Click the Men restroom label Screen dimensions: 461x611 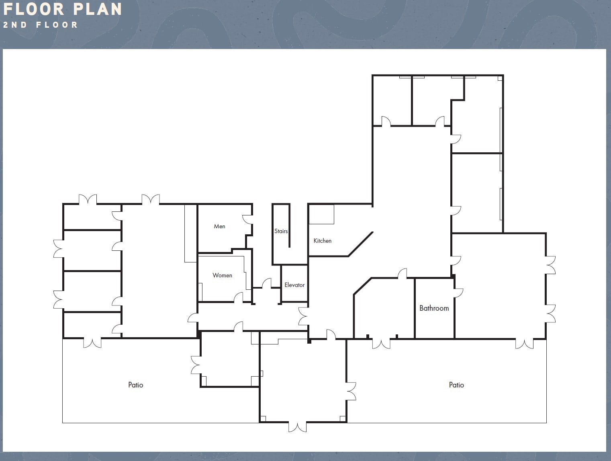[x=219, y=226]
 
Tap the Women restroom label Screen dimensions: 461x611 [x=222, y=275]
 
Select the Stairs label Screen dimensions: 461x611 [x=281, y=231]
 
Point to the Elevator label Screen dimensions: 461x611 [x=294, y=285]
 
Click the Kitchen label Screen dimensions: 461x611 [x=322, y=241]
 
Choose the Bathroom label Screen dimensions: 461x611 [x=434, y=308]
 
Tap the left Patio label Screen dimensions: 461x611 [x=135, y=385]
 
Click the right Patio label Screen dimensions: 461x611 [x=456, y=385]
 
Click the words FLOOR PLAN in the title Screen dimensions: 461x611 [x=62, y=9]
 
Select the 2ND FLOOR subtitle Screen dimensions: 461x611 [x=40, y=25]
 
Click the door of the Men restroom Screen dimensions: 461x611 [x=247, y=219]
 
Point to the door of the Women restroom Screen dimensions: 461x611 [x=239, y=297]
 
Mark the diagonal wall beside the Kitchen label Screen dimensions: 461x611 [x=361, y=244]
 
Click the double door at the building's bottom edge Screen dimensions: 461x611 [x=298, y=426]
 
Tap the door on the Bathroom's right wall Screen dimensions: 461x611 [x=458, y=293]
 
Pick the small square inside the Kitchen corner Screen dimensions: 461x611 [x=321, y=214]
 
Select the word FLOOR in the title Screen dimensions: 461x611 [x=34, y=9]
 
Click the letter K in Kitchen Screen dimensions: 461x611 [x=315, y=241]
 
